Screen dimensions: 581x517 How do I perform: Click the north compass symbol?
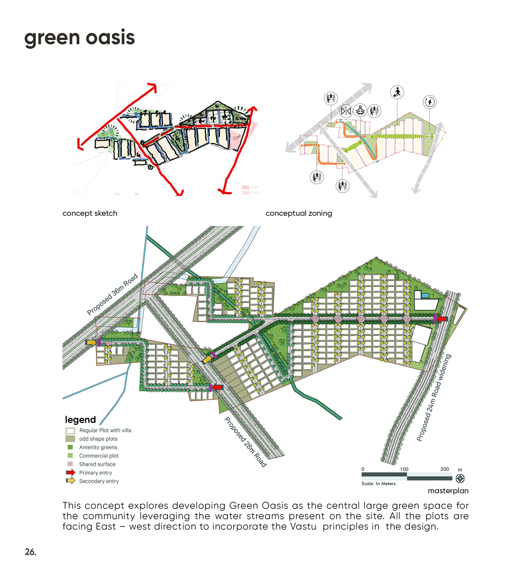(460, 478)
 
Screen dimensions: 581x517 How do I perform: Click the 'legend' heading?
(80, 420)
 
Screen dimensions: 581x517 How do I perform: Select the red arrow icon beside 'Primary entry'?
(70, 472)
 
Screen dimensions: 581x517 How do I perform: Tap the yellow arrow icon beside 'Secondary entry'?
(70, 481)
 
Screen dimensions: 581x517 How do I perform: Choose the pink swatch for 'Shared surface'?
(70, 464)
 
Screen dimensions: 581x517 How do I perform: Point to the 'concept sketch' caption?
(90, 213)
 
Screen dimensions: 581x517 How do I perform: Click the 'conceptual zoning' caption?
(299, 213)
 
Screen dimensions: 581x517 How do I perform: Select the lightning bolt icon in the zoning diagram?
(429, 102)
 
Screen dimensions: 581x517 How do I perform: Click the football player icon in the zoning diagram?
(397, 92)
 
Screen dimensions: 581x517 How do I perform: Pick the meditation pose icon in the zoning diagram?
(360, 110)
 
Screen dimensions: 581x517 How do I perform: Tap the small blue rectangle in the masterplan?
(425, 296)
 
